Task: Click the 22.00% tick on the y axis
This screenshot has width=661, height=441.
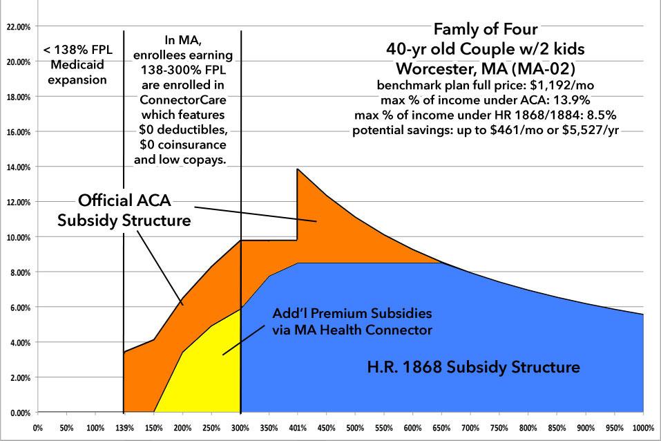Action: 17,27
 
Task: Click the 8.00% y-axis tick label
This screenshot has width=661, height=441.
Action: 17,272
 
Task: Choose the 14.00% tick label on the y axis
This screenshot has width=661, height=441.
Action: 17,167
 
